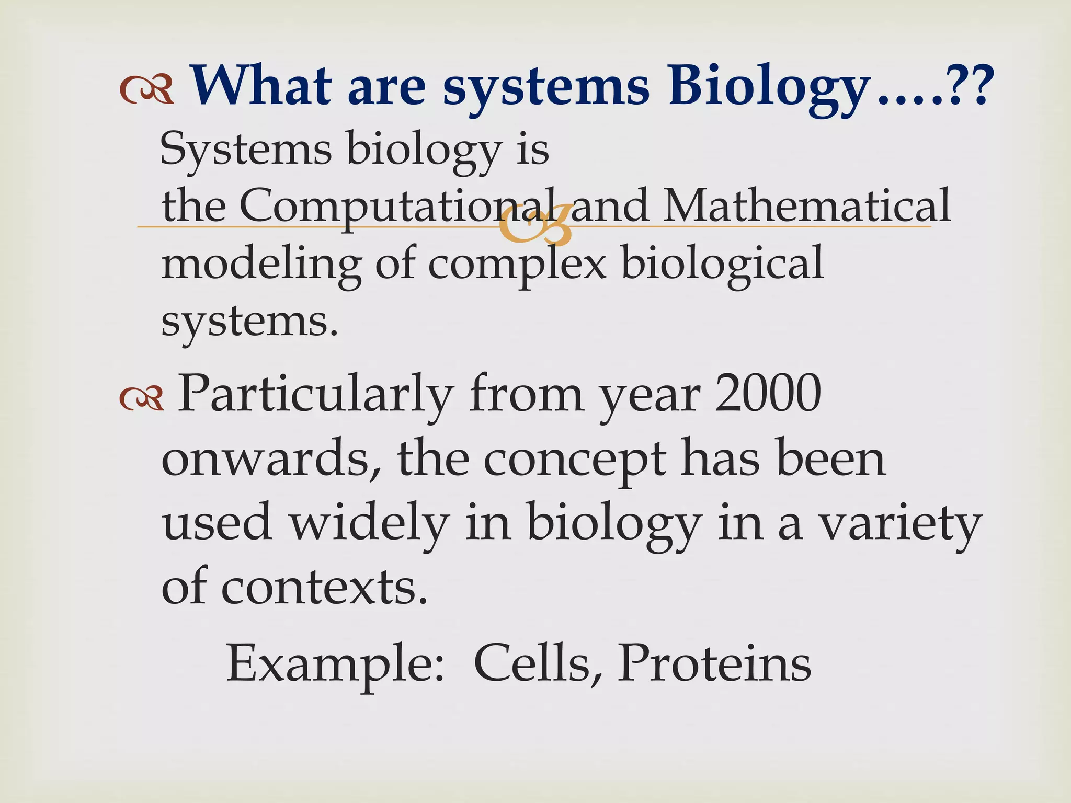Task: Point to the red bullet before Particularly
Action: pyautogui.click(x=141, y=399)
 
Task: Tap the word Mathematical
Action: pyautogui.click(x=806, y=206)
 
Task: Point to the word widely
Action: pyautogui.click(x=369, y=524)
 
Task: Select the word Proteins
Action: pyautogui.click(x=714, y=663)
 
